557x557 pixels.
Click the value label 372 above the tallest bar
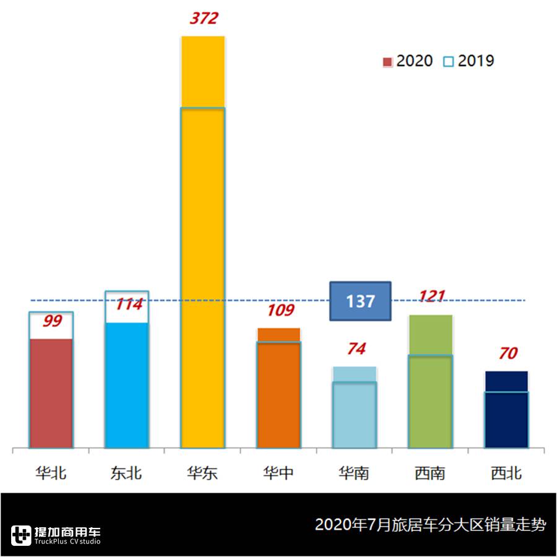click(x=204, y=19)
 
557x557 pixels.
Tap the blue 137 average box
click(x=360, y=301)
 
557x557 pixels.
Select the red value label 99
click(x=51, y=321)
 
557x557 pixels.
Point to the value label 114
click(x=128, y=304)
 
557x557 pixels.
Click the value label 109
click(x=280, y=310)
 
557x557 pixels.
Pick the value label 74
click(x=356, y=349)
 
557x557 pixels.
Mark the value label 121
click(x=431, y=296)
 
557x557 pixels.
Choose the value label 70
click(x=507, y=354)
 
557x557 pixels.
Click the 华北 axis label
click(x=51, y=474)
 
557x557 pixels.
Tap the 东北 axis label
click(x=127, y=474)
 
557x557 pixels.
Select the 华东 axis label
click(x=202, y=474)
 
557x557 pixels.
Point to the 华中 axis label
click(x=278, y=474)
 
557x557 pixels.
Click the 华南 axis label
click(x=354, y=474)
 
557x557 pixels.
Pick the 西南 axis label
click(x=430, y=474)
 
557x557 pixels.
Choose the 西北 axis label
click(x=506, y=474)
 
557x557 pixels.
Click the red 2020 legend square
click(x=388, y=62)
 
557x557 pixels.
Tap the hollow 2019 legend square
click(x=449, y=62)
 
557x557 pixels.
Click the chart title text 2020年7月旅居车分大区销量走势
click(x=431, y=525)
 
